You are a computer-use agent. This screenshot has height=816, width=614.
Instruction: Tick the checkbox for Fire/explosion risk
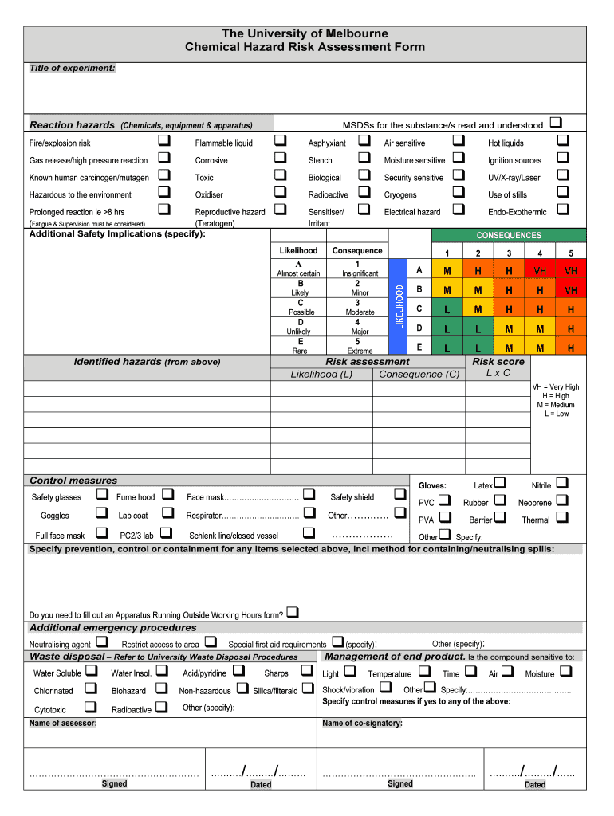(164, 141)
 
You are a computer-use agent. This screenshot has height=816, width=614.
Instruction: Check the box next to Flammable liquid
(280, 141)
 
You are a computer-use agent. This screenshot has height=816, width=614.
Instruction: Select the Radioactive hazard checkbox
(364, 192)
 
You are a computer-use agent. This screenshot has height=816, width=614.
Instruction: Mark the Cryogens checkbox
(459, 192)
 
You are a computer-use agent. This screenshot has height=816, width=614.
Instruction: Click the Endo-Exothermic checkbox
(563, 210)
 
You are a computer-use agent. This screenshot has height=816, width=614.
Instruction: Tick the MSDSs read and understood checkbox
(556, 123)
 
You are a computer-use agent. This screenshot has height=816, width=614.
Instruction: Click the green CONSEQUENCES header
(509, 235)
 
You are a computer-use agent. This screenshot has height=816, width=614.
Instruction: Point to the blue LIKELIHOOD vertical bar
(396, 306)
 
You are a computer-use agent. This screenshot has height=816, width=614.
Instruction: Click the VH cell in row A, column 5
(571, 271)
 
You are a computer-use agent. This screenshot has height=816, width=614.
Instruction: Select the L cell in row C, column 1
(447, 309)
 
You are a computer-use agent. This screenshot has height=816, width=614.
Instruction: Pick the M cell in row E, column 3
(509, 348)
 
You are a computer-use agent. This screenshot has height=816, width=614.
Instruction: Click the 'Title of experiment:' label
(73, 69)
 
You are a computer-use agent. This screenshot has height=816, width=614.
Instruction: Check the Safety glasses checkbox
(101, 495)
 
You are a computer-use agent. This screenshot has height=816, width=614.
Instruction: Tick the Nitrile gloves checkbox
(562, 483)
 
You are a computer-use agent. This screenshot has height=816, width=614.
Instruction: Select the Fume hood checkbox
(167, 495)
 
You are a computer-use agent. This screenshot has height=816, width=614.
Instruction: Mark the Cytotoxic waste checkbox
(90, 707)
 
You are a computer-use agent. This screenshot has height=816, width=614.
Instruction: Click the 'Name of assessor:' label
(63, 724)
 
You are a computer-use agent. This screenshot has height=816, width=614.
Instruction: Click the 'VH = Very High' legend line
(556, 387)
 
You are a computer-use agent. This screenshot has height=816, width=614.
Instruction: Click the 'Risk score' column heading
(498, 362)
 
